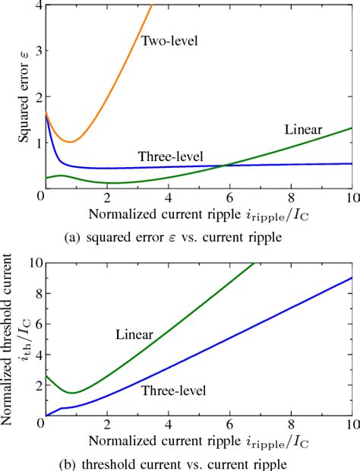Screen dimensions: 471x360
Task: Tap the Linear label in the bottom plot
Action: [134, 333]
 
